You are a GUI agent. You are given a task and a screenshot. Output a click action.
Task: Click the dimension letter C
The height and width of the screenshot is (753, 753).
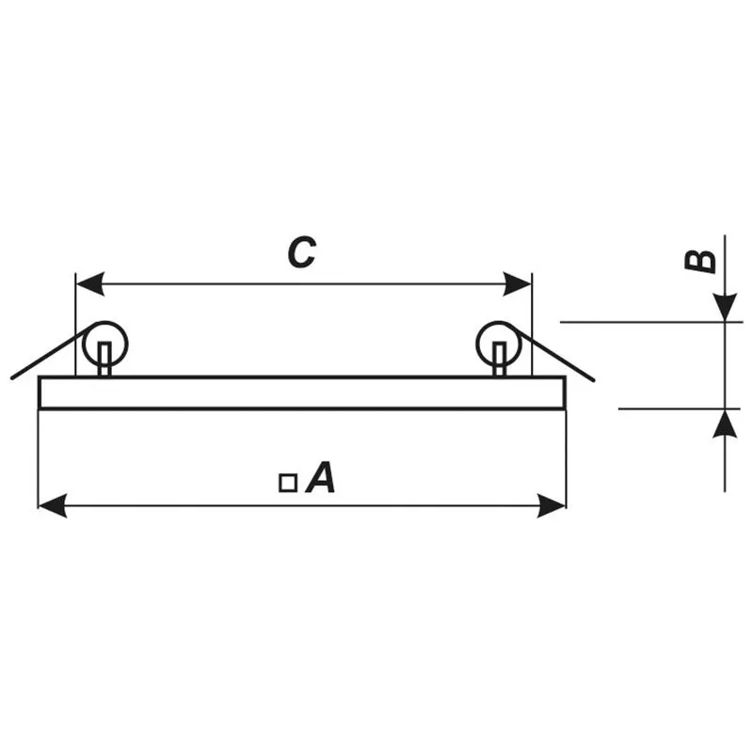click(x=301, y=252)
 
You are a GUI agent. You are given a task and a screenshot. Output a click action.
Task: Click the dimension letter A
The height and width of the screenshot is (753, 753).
click(x=320, y=477)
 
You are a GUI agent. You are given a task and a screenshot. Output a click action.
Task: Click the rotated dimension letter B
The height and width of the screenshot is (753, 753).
click(x=699, y=262)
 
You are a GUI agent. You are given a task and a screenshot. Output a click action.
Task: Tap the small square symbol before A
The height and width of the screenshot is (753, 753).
click(x=288, y=483)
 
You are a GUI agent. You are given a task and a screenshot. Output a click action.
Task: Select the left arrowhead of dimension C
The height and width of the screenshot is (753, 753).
click(x=89, y=283)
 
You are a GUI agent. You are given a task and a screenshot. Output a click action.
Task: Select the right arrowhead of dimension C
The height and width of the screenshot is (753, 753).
click(x=517, y=283)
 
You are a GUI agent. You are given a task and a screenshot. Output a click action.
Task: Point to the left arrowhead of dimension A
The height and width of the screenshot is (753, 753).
click(x=53, y=505)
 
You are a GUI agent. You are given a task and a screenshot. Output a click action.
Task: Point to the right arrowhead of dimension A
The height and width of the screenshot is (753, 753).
click(x=552, y=505)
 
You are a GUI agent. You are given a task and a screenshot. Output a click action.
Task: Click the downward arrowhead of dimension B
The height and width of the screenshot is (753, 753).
click(x=725, y=308)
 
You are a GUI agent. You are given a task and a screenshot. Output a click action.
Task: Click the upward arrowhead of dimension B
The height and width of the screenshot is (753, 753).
click(x=725, y=424)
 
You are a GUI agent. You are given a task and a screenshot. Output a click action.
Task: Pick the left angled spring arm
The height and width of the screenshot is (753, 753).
click(x=53, y=351)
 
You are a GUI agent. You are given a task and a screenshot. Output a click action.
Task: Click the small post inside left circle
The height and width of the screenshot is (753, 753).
click(x=104, y=360)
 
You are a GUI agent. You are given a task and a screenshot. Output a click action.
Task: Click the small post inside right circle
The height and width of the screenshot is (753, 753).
click(x=500, y=360)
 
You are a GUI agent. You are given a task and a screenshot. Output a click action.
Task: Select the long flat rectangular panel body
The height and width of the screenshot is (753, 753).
click(x=302, y=393)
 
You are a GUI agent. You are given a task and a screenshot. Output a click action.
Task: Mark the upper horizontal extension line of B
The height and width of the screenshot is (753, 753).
click(x=651, y=322)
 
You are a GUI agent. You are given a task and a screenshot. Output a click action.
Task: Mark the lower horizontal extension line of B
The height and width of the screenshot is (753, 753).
click(x=679, y=409)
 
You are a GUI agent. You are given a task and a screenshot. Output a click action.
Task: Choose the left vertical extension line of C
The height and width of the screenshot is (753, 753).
click(x=75, y=325)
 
